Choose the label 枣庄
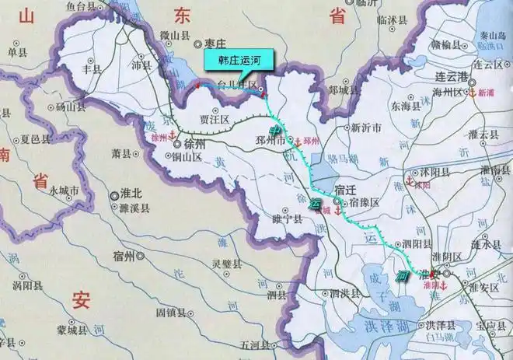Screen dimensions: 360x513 coord(215,46)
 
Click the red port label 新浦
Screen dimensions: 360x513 coord(486,93)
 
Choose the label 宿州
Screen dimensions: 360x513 coord(124,254)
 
